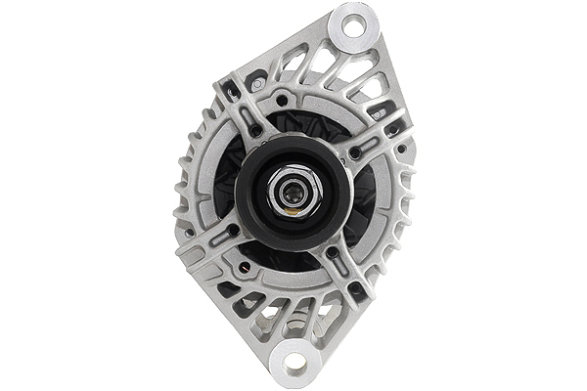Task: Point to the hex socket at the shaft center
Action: click(291, 192)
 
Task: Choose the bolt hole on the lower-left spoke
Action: click(233, 232)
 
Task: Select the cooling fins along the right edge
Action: click(407, 195)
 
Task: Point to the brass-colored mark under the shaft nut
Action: click(290, 208)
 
